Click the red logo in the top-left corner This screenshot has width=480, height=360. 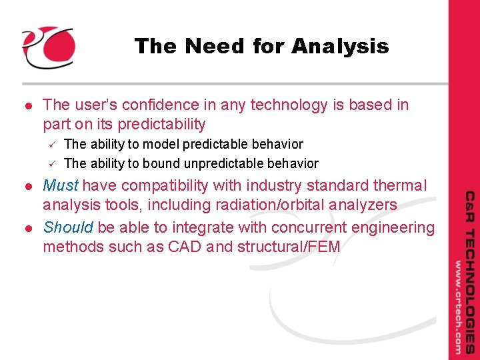pyautogui.click(x=48, y=47)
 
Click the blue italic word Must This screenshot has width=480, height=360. pyautogui.click(x=61, y=185)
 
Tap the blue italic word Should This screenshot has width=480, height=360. pyautogui.click(x=68, y=228)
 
